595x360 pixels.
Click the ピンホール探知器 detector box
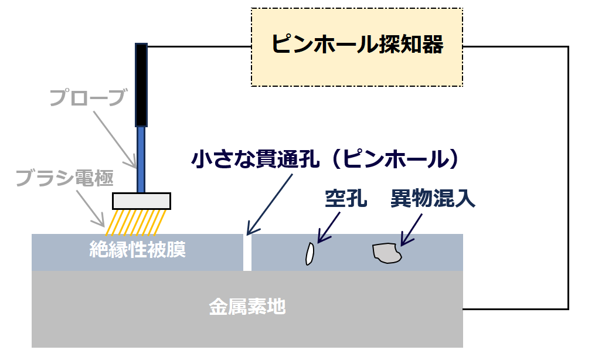[357, 47]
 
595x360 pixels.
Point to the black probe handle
[141, 85]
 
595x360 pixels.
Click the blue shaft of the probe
[141, 159]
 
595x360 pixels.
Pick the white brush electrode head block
[141, 201]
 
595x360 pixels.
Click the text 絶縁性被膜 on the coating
[138, 250]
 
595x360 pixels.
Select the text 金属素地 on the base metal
[247, 307]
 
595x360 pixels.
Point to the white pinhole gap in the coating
[247, 253]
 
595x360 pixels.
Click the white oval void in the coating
[310, 254]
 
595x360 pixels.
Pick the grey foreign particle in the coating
[387, 253]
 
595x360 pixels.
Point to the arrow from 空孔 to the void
[328, 227]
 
